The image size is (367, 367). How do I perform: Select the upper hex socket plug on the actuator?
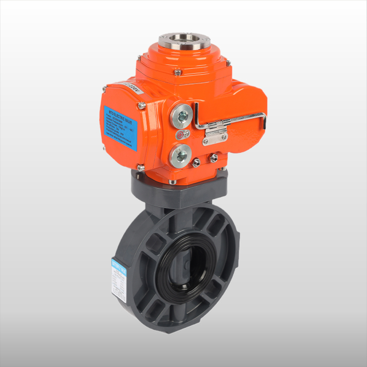(x=182, y=116)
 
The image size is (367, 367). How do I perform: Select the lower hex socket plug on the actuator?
(x=182, y=153)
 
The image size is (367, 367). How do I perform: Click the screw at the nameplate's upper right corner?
(x=141, y=106)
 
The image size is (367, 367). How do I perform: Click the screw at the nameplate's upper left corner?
(x=104, y=89)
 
